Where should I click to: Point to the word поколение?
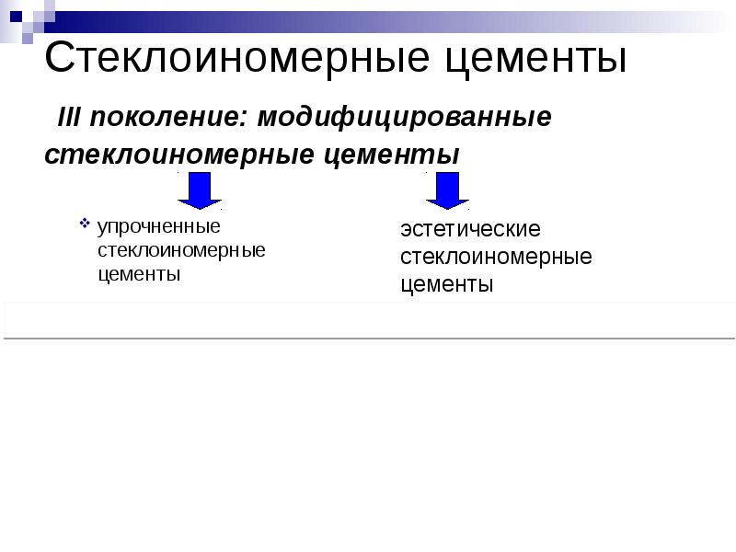(168, 118)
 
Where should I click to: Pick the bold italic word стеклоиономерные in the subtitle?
(179, 154)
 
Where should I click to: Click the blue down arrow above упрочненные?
(198, 190)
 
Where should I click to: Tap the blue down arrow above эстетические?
(447, 190)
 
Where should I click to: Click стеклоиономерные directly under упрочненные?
(181, 250)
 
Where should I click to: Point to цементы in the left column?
(138, 274)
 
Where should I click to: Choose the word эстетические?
(470, 229)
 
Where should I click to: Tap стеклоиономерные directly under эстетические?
(496, 257)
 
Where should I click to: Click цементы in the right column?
(447, 285)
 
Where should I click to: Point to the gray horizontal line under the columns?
(368, 338)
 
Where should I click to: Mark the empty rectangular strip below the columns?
(368, 319)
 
